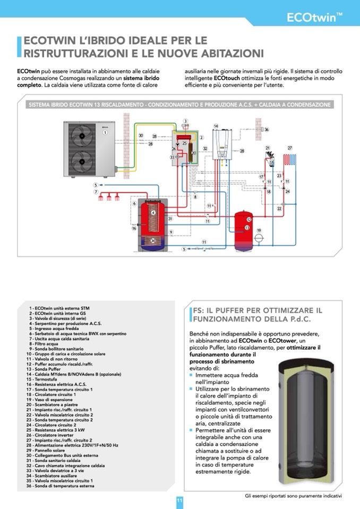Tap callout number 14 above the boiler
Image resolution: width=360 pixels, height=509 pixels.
click(x=216, y=126)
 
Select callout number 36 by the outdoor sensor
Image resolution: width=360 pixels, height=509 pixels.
click(x=267, y=130)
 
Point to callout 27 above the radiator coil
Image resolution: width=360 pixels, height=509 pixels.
click(x=290, y=148)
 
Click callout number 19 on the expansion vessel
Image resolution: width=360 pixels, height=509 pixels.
click(x=259, y=230)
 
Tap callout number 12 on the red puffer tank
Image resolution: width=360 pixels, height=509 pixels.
click(x=248, y=219)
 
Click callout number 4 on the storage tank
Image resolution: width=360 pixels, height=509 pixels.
click(x=153, y=212)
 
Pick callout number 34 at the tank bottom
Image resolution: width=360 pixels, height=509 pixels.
click(x=153, y=240)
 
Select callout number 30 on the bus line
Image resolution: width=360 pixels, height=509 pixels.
click(x=141, y=136)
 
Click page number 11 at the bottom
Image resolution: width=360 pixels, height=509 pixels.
click(x=179, y=500)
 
